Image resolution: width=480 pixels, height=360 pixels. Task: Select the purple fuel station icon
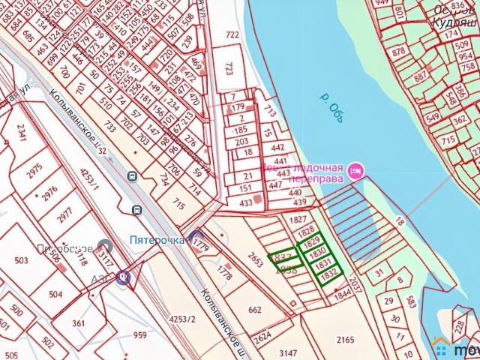click(x=122, y=276)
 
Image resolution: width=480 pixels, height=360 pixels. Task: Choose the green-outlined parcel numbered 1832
click(x=327, y=275)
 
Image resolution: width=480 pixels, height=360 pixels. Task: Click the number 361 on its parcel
click(x=79, y=322)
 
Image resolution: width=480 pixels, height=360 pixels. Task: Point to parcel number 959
click(x=140, y=335)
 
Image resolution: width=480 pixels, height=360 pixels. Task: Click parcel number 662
click(x=254, y=307)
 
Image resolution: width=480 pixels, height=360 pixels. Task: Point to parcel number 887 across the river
click(x=421, y=76)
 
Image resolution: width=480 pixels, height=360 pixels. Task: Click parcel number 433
click(x=245, y=202)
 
